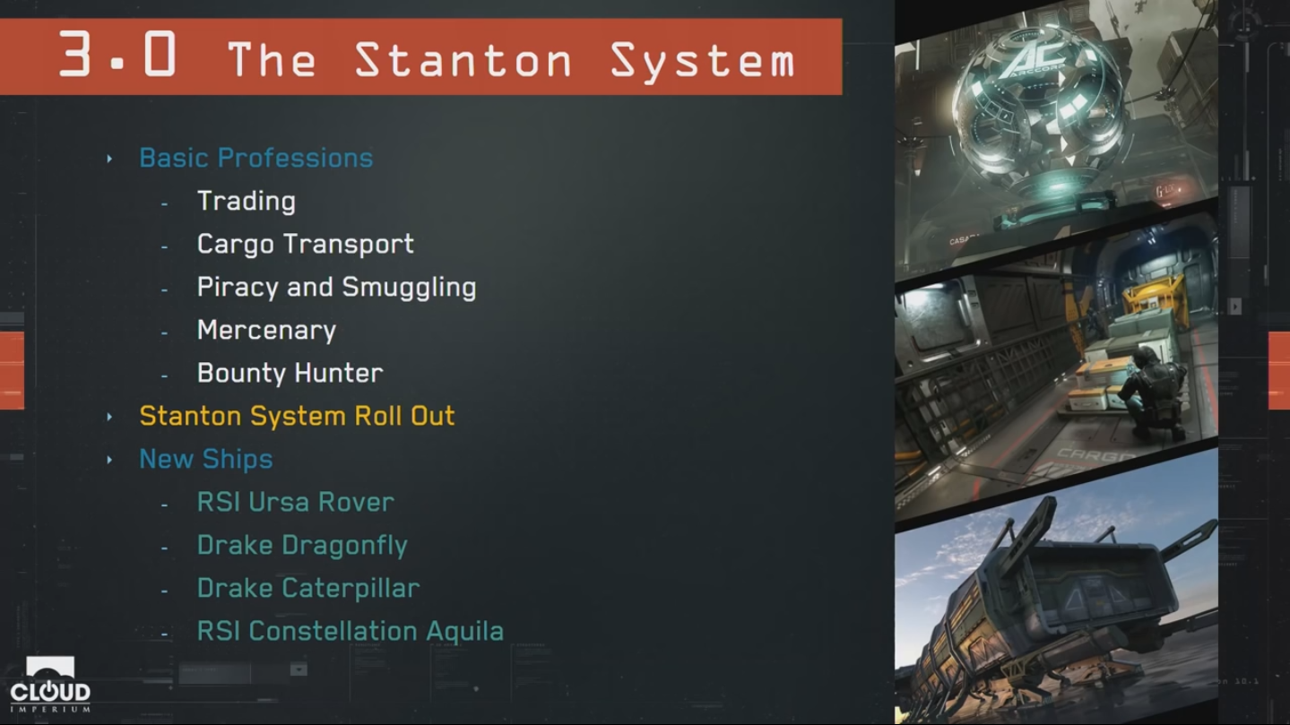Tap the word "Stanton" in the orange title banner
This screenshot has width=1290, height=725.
click(x=463, y=60)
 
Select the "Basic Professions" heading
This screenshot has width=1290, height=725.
click(x=256, y=158)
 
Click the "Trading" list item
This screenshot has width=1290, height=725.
click(x=247, y=202)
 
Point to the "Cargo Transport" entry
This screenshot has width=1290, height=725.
click(x=305, y=244)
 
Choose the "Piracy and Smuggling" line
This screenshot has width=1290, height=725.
click(x=337, y=288)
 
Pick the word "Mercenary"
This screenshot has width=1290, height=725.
click(x=266, y=331)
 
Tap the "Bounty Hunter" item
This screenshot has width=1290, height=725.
click(x=290, y=373)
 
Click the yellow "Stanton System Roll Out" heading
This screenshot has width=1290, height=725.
click(x=297, y=416)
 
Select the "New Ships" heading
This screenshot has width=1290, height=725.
click(x=206, y=460)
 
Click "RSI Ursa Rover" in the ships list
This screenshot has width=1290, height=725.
click(x=296, y=502)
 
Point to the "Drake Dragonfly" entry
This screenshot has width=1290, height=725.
click(x=302, y=546)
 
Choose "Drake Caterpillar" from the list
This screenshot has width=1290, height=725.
click(x=308, y=589)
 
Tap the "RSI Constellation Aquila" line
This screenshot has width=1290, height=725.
click(x=351, y=631)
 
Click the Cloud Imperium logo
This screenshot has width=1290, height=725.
click(x=50, y=685)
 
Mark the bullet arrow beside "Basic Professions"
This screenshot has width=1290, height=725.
click(x=109, y=159)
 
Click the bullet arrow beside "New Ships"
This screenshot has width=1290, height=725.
click(x=109, y=460)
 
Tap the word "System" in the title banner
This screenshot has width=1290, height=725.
click(x=703, y=61)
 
